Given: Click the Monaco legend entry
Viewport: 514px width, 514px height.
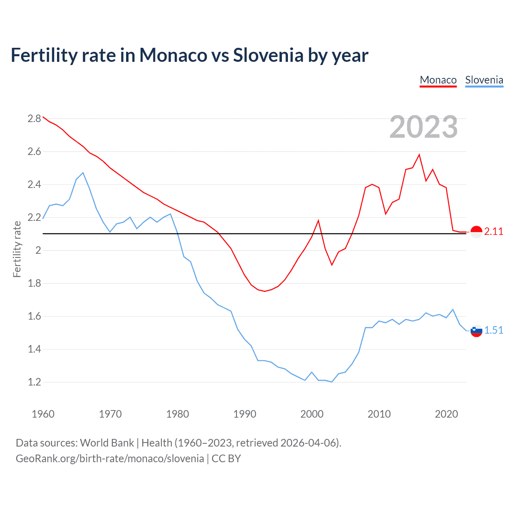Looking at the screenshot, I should click(x=438, y=80).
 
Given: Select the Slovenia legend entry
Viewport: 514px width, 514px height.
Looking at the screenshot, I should click(x=484, y=80).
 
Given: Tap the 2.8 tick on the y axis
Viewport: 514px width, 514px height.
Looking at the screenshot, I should click(x=35, y=118).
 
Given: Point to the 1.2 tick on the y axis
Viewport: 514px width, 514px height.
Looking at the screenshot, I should click(x=35, y=382).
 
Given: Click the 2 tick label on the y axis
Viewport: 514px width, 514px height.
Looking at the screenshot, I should click(x=38, y=250).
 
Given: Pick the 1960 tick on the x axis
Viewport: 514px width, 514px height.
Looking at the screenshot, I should click(x=43, y=414).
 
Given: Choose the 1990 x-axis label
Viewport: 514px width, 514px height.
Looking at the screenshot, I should click(x=245, y=414).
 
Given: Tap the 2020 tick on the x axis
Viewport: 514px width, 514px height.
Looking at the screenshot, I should click(x=446, y=414).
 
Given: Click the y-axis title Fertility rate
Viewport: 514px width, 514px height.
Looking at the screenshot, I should click(x=17, y=249).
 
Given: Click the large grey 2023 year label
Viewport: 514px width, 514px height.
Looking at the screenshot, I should click(x=423, y=127).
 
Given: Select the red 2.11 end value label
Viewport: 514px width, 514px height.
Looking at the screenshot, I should click(x=494, y=232).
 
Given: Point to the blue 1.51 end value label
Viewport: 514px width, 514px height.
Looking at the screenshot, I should click(x=494, y=330).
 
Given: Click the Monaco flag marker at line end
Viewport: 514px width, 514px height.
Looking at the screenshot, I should click(x=476, y=232).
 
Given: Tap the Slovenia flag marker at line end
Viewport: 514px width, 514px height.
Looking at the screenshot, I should click(x=476, y=331).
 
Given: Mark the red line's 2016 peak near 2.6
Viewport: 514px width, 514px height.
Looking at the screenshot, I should click(x=419, y=155).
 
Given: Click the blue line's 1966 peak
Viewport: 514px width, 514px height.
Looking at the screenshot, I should click(x=83, y=173).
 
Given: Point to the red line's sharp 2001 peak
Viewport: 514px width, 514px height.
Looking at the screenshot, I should click(x=318, y=220).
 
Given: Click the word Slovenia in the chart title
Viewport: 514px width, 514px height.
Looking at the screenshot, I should click(x=268, y=55).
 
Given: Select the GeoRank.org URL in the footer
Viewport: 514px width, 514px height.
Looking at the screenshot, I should click(x=110, y=459).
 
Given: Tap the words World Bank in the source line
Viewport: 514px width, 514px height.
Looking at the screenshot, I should click(x=107, y=443).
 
